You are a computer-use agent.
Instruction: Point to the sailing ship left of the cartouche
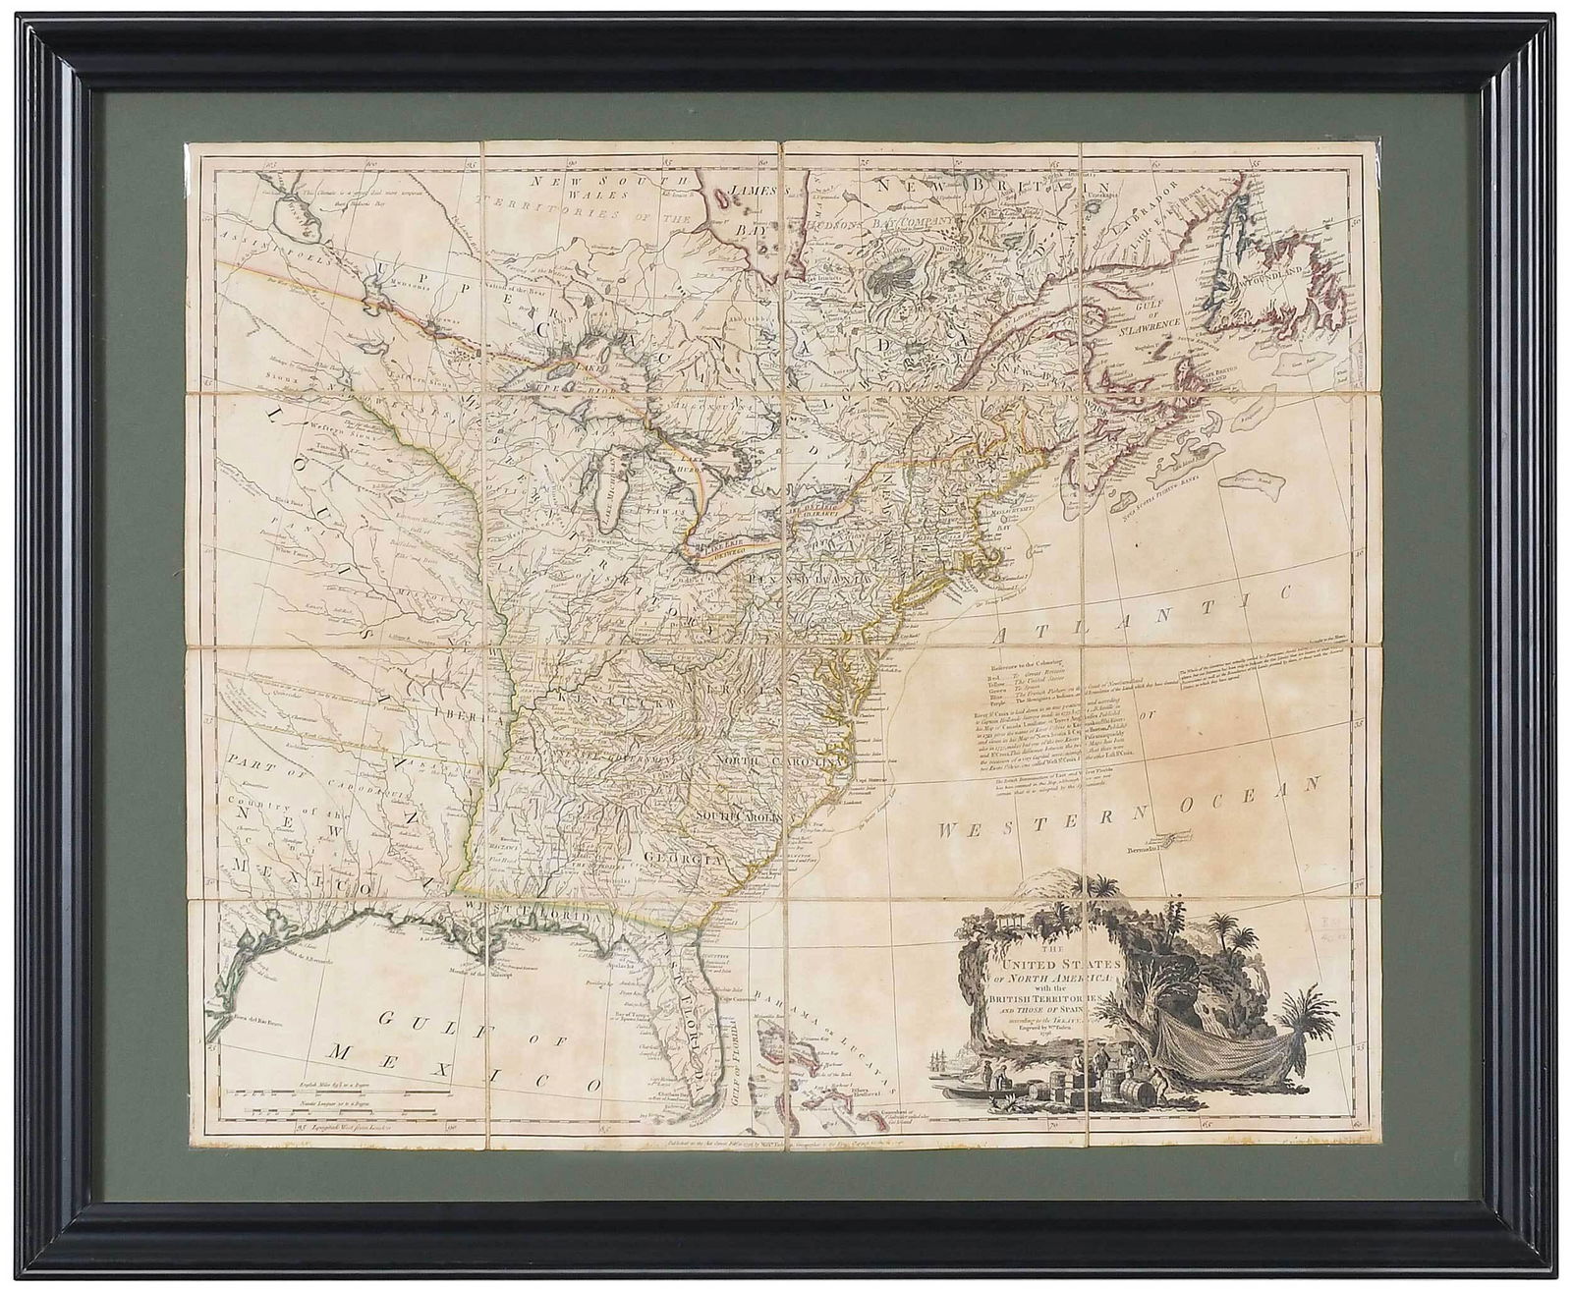[x=938, y=1061]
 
